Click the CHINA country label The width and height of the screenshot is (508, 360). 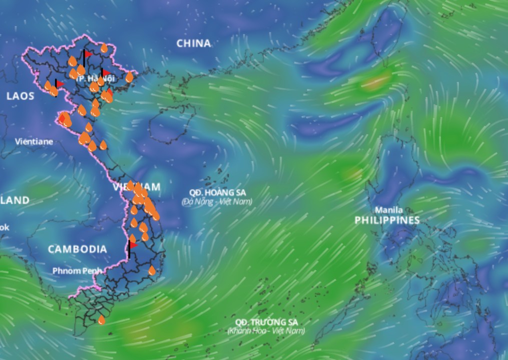pos(194,43)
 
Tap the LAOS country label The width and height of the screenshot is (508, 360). pos(21,95)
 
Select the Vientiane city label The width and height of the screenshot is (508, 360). pos(34,141)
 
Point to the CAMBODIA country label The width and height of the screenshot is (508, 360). pos(78,249)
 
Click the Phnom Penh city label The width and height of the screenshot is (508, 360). pos(77,270)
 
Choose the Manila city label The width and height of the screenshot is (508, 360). pos(389,210)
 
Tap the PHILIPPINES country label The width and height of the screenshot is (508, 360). pos(387,220)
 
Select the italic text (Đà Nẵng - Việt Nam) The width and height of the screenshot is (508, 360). pos(217,201)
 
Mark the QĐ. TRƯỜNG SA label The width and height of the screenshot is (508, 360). pos(266,322)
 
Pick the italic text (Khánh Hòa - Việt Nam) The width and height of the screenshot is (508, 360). pos(266,331)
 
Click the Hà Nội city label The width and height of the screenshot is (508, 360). pos(97,78)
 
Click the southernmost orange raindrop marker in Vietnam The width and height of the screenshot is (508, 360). pos(102,319)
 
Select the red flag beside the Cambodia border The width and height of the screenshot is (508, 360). pos(133,245)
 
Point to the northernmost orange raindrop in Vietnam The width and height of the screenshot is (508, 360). pos(104,48)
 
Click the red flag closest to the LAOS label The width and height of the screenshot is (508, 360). pos(60,83)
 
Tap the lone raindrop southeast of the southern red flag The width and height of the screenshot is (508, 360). pos(152,270)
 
